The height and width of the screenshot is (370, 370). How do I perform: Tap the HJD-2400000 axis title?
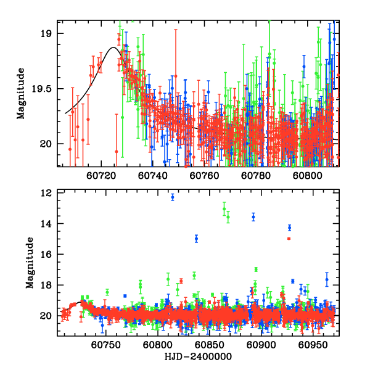[x=198, y=357]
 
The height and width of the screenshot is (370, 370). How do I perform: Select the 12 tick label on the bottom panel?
[x=46, y=193]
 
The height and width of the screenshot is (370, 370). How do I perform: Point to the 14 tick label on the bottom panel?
[x=46, y=224]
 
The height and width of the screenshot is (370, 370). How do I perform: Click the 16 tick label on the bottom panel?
[x=46, y=255]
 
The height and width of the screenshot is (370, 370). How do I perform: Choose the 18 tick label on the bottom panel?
[x=46, y=286]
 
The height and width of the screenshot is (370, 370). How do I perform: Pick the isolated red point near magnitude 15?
[x=289, y=239]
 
